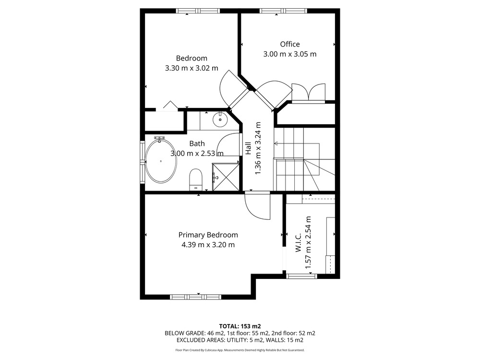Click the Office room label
pyautogui.click(x=290, y=44)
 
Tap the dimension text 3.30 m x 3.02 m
pyautogui.click(x=192, y=68)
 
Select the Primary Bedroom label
pyautogui.click(x=208, y=235)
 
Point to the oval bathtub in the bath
pyautogui.click(x=161, y=161)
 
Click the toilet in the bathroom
pyautogui.click(x=196, y=180)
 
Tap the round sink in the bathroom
pyautogui.click(x=220, y=120)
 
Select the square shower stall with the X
pyautogui.click(x=226, y=177)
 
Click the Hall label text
pyautogui.click(x=248, y=148)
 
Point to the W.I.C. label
pyautogui.click(x=299, y=242)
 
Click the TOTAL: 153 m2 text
pyautogui.click(x=240, y=326)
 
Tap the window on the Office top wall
pyautogui.click(x=283, y=11)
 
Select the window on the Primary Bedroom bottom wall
pyautogui.click(x=196, y=297)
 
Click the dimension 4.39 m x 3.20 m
pyautogui.click(x=208, y=245)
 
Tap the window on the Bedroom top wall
pyautogui.click(x=198, y=11)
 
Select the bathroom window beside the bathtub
pyautogui.click(x=143, y=162)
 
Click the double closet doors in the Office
pyautogui.click(x=308, y=92)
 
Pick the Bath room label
pyautogui.click(x=197, y=143)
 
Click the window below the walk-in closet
pyautogui.click(x=301, y=276)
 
